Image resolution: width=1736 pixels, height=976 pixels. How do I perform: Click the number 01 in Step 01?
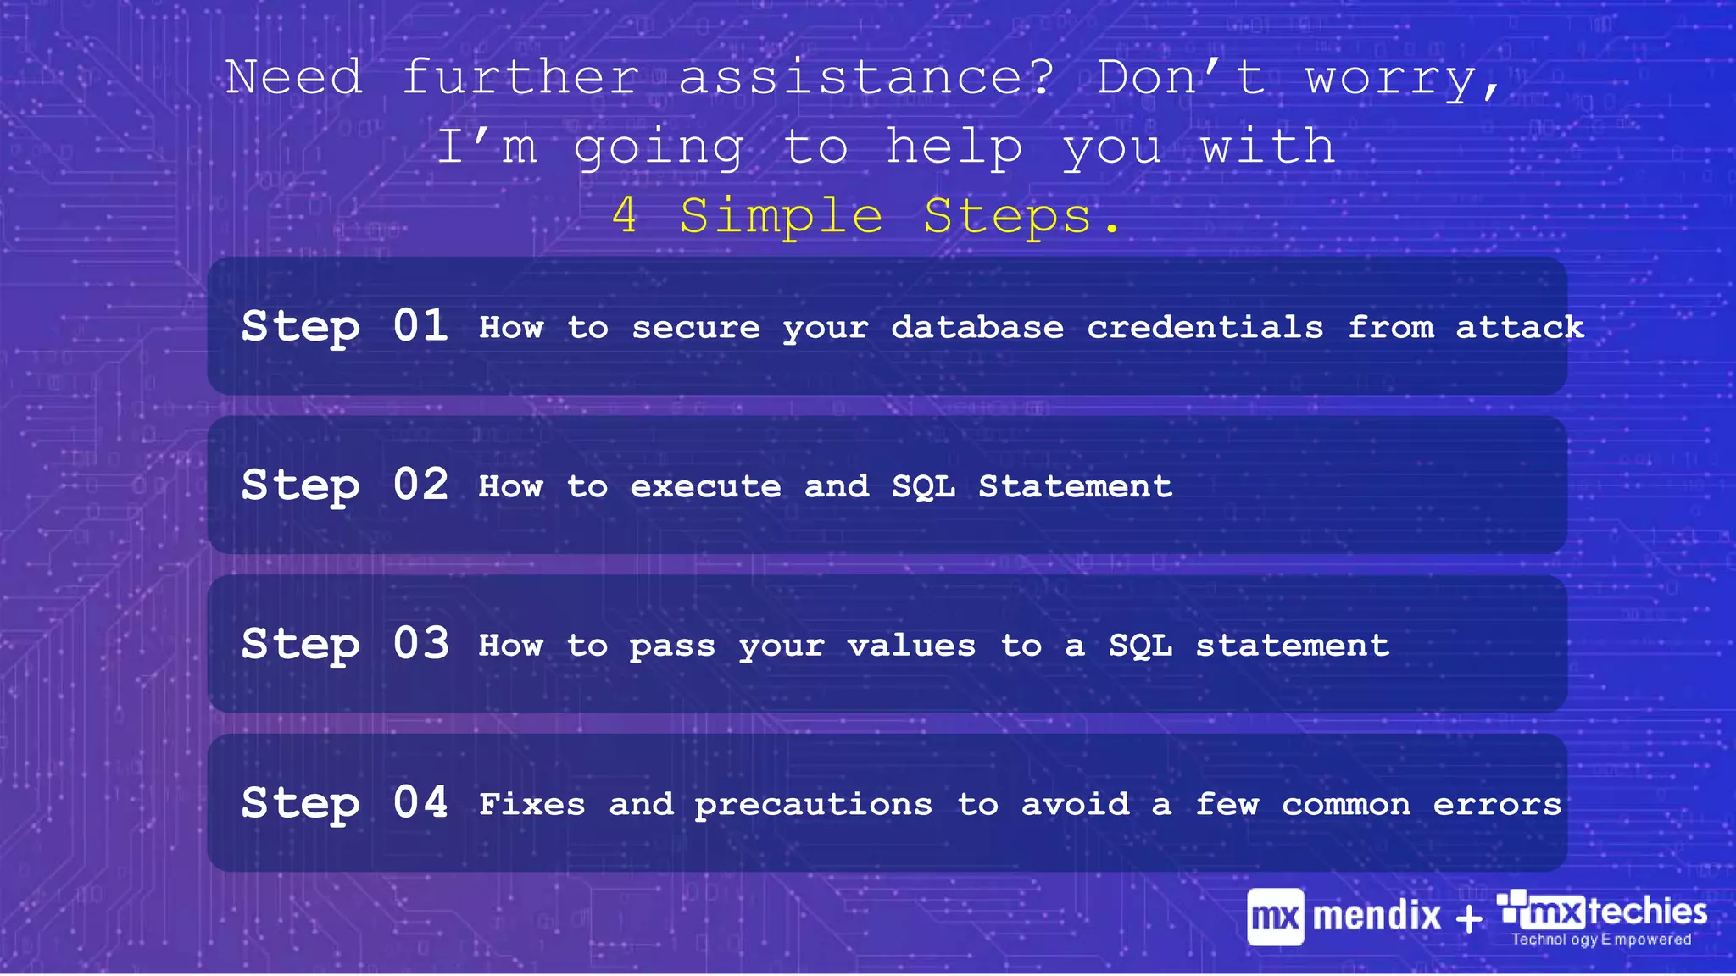(420, 326)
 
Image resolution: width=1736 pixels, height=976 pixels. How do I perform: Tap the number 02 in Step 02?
(420, 485)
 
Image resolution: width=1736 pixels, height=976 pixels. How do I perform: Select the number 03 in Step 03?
(420, 644)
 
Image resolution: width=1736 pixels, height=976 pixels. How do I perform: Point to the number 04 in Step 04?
(420, 802)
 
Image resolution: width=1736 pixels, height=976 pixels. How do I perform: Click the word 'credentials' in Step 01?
(1205, 327)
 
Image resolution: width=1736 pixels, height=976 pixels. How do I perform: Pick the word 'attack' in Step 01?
(1520, 327)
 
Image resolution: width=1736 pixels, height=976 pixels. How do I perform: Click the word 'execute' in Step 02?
(705, 486)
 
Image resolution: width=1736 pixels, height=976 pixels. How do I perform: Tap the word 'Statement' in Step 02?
(1075, 486)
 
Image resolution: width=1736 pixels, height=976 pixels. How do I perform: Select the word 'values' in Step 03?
(911, 646)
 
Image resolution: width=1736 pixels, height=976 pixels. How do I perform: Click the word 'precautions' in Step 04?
(814, 805)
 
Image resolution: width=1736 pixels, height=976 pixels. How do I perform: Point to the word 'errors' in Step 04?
(1497, 805)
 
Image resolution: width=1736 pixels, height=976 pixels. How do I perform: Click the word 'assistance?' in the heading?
(866, 78)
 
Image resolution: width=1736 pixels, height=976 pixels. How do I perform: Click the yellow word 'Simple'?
(781, 216)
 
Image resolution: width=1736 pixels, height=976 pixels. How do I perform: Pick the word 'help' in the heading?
(954, 148)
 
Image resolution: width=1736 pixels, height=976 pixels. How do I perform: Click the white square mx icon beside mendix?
(1275, 917)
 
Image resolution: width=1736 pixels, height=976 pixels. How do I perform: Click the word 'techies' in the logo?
(1647, 912)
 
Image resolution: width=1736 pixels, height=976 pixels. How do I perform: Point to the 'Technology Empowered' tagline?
(1601, 940)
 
